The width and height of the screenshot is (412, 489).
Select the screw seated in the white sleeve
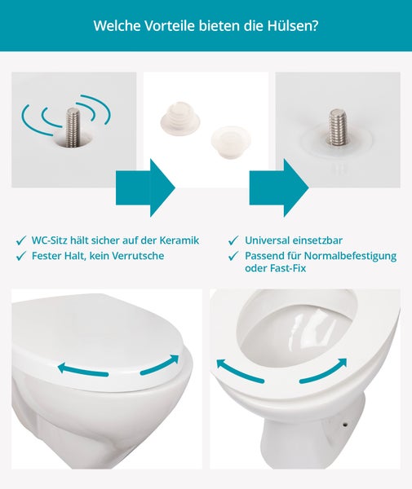pyautogui.click(x=338, y=126)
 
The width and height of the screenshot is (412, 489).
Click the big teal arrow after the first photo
pyautogui.click(x=146, y=188)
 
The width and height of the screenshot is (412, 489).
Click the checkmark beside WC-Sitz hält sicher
pyautogui.click(x=20, y=241)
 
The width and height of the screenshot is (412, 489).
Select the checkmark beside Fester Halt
pyautogui.click(x=20, y=256)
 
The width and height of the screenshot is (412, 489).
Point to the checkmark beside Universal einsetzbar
pyautogui.click(x=234, y=241)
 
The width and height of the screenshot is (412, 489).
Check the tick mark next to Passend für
pyautogui.click(x=234, y=256)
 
